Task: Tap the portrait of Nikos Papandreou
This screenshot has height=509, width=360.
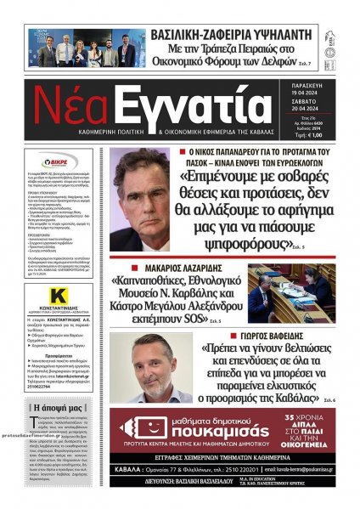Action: pyautogui.click(x=138, y=200)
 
